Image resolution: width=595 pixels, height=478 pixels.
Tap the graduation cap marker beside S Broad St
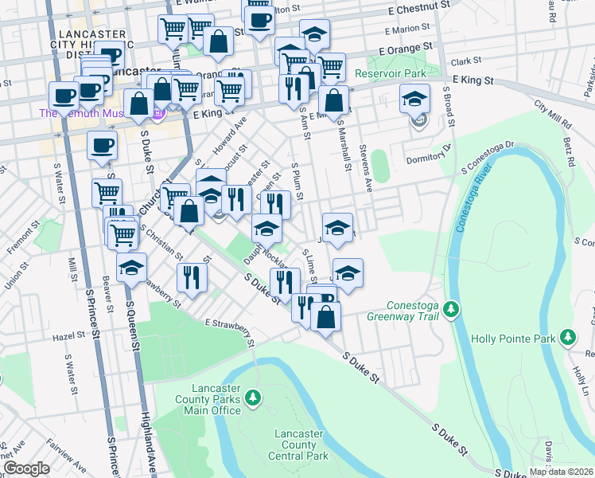pyautogui.click(x=414, y=100)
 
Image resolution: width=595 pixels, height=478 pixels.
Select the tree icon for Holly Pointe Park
pyautogui.click(x=567, y=339)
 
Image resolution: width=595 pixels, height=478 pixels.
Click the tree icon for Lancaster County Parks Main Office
pyautogui.click(x=253, y=396)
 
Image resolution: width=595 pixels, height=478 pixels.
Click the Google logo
pyautogui.click(x=26, y=468)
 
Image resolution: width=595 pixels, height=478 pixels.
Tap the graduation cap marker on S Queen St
pyautogui.click(x=131, y=268)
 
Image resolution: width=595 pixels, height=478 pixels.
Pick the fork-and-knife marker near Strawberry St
pyautogui.click(x=192, y=276)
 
